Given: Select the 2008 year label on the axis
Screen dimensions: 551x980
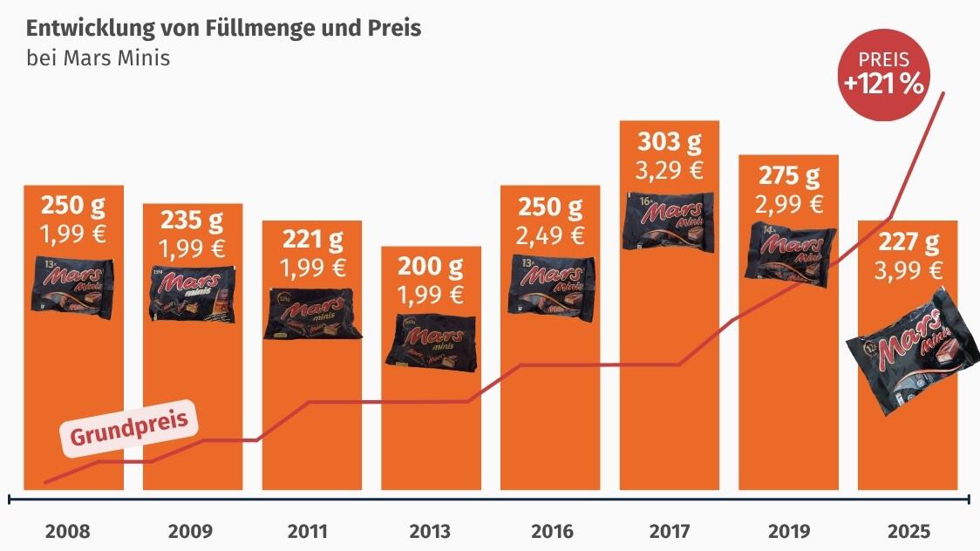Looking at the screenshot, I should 67,531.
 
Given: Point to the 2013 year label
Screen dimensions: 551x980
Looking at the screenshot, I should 430,531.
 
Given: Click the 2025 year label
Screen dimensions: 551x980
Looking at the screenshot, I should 909,531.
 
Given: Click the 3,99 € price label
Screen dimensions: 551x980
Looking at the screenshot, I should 908,270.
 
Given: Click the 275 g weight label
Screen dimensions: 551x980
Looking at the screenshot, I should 789,176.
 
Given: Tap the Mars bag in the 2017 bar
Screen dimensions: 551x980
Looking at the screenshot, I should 669,220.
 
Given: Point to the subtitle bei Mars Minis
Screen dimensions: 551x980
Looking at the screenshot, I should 98,58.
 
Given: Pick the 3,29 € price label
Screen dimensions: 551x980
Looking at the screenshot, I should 669,170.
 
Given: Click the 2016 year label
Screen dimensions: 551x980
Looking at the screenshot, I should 551,531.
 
